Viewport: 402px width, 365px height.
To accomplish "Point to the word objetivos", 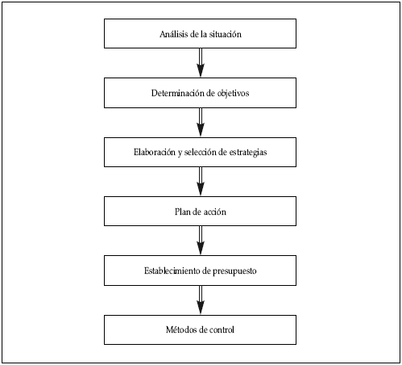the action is pos(233,94).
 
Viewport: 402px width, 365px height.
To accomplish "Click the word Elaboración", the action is pos(155,152).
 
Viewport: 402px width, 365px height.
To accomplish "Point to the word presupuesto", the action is pos(234,271).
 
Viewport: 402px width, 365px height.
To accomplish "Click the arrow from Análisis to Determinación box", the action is pos(201,63).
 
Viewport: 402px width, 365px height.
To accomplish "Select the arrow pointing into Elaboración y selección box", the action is pos(201,123).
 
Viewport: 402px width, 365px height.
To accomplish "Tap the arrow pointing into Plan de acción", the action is pos(201,182).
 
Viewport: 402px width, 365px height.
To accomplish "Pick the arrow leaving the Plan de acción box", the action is pos(201,241).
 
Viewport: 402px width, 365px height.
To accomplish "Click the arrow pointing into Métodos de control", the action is pos(201,300).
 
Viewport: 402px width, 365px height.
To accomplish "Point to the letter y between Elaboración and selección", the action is pos(180,153).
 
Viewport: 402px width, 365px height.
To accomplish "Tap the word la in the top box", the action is pos(204,34).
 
